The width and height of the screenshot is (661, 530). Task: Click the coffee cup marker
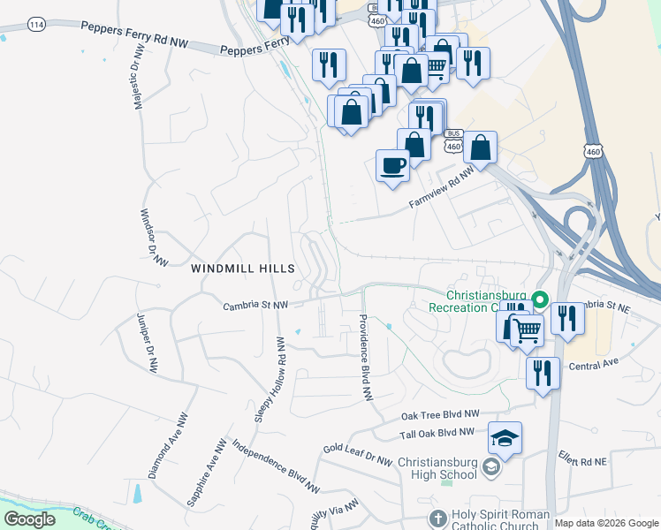tap(393, 164)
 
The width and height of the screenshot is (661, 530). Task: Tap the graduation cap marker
tap(505, 438)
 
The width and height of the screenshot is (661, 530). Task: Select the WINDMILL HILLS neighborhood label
tap(242, 267)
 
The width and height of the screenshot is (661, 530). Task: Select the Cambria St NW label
tap(255, 305)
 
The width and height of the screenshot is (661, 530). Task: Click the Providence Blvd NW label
tap(363, 357)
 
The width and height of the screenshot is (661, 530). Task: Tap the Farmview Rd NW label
tap(441, 190)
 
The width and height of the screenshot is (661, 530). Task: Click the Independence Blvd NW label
tap(277, 466)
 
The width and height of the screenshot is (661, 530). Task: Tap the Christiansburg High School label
tap(437, 468)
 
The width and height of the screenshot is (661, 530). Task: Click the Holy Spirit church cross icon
tap(437, 519)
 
